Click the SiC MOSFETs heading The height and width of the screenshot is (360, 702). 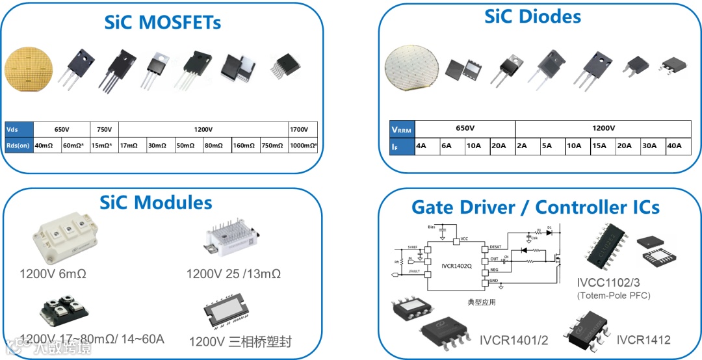pyautogui.click(x=162, y=22)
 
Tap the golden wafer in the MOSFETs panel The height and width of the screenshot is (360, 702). pyautogui.click(x=29, y=70)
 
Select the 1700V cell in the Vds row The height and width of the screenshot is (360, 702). pyautogui.click(x=303, y=129)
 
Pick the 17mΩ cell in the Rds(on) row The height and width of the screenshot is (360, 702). pyautogui.click(x=133, y=145)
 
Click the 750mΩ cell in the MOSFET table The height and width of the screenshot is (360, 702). pyautogui.click(x=274, y=145)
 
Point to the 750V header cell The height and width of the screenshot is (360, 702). pyautogui.click(x=104, y=129)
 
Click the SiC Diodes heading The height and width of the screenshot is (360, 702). pyautogui.click(x=532, y=16)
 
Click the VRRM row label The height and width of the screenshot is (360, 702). pyautogui.click(x=401, y=129)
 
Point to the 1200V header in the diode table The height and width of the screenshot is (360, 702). pyautogui.click(x=603, y=128)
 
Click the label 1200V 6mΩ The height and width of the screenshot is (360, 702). pyautogui.click(x=53, y=274)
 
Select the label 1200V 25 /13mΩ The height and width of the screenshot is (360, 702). pyautogui.click(x=233, y=274)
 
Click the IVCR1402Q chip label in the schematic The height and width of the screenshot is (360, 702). pyautogui.click(x=457, y=266)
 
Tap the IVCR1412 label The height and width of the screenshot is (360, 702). pyautogui.click(x=643, y=339)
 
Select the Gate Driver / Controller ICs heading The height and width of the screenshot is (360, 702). pyautogui.click(x=535, y=207)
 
